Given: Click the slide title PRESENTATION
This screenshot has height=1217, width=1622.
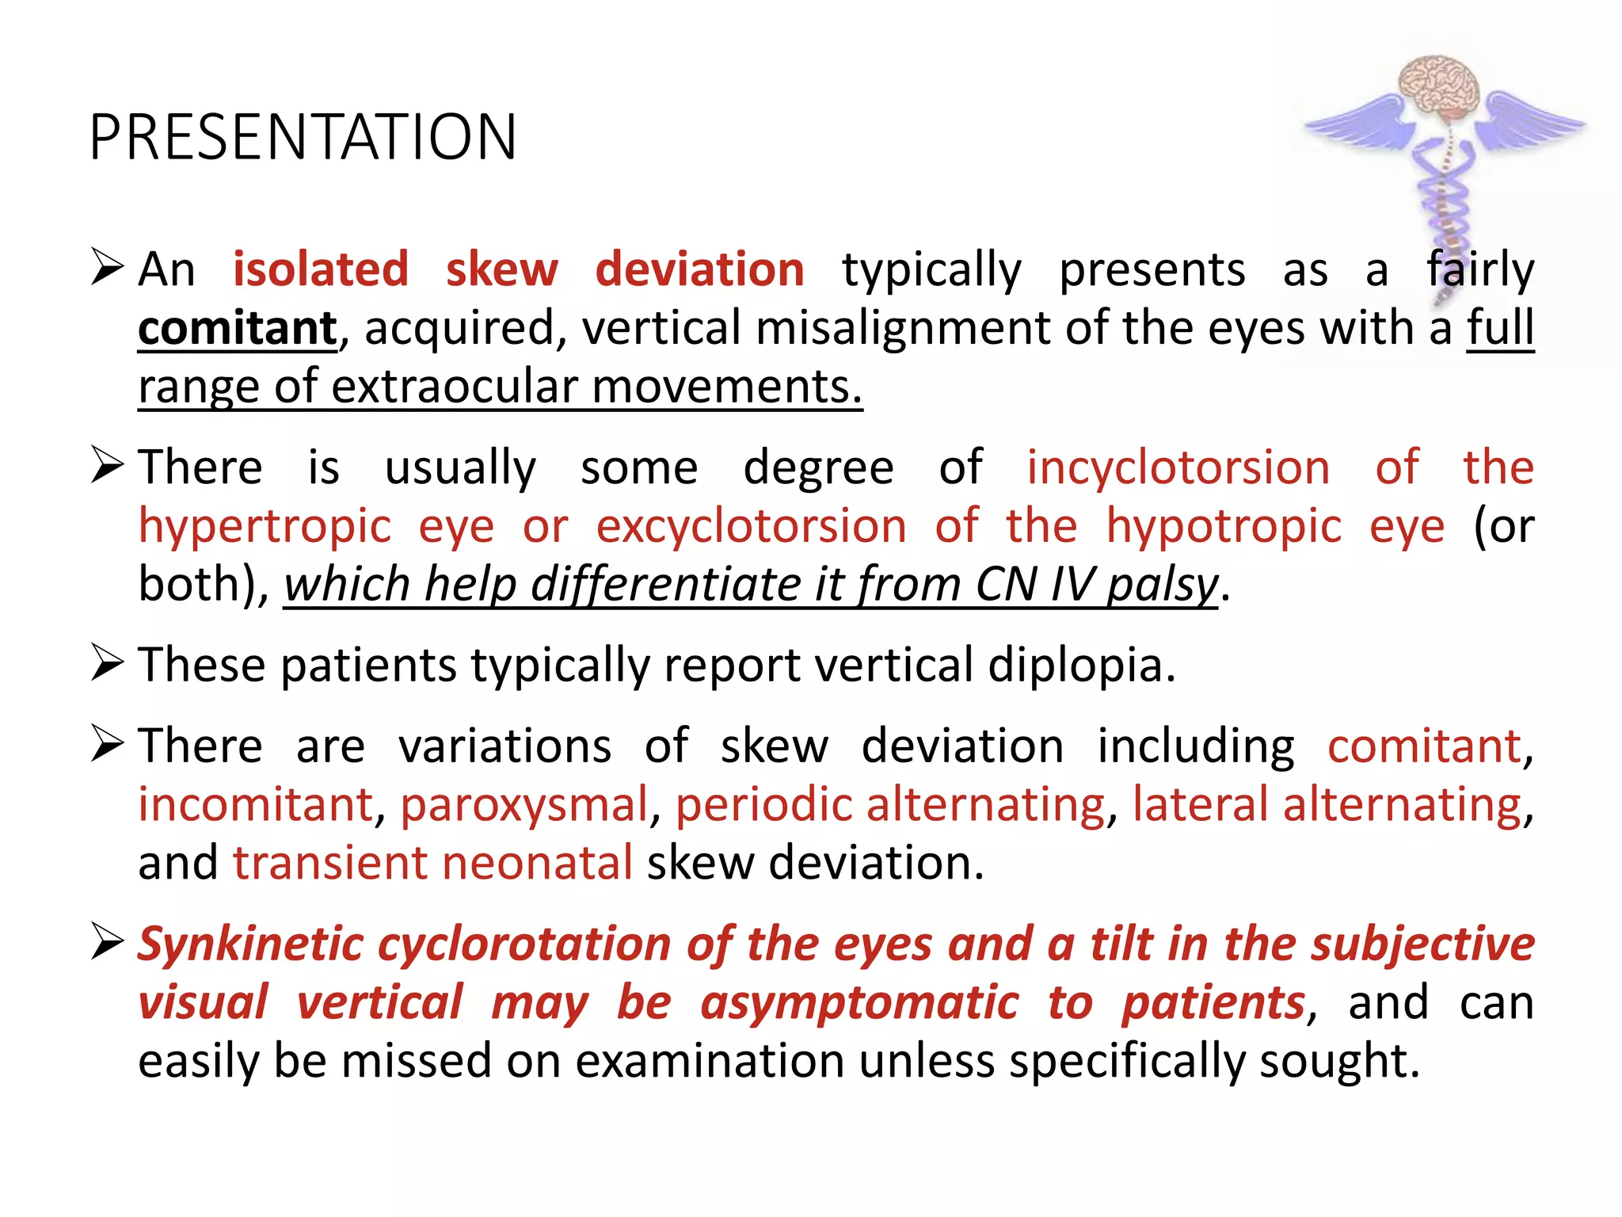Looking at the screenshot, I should point(303,137).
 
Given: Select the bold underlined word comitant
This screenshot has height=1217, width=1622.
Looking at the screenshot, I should point(238,328).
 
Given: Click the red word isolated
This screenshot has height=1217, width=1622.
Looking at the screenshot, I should point(321,269).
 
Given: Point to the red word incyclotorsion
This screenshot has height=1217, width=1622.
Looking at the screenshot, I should point(1178,467).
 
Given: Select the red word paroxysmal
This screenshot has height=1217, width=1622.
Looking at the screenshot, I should point(524,804).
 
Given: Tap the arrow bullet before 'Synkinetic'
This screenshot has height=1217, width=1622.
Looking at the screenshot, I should point(107,942).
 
